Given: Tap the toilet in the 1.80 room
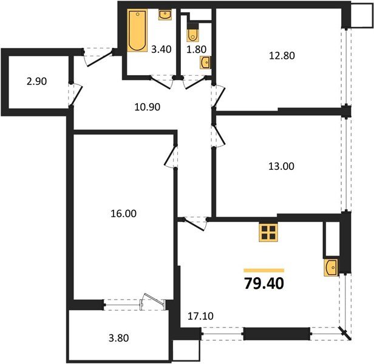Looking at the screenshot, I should click(192, 33).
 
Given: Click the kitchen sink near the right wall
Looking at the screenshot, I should click(331, 268).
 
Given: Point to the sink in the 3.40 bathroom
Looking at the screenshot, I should click(165, 15).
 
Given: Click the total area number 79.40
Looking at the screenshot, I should click(263, 283).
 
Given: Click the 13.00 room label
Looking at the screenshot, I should click(280, 166).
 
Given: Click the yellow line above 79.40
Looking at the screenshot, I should click(263, 270).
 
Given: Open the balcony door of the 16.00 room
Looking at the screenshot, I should click(149, 302).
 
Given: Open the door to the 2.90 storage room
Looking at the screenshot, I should click(76, 91).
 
